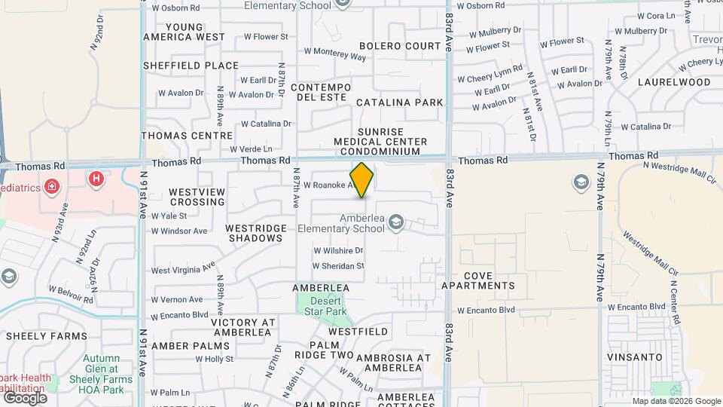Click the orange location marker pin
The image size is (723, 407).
coord(362,180)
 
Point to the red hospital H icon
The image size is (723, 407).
coord(96,179)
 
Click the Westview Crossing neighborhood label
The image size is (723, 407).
coord(197,197)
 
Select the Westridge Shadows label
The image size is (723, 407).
coord(256,233)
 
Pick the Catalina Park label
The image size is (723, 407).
coord(400,102)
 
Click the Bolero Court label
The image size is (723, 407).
coord(400,46)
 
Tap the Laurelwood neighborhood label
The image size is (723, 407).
coord(674,81)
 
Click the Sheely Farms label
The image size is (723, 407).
coord(38,335)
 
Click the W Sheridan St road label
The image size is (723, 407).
coord(339,265)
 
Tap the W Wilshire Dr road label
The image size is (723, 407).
coord(338,250)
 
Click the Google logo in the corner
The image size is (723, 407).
coord(25,397)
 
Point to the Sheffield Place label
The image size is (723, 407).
coord(191,66)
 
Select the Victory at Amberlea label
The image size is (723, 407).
coord(243,327)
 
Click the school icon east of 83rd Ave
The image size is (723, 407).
coord(581,182)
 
